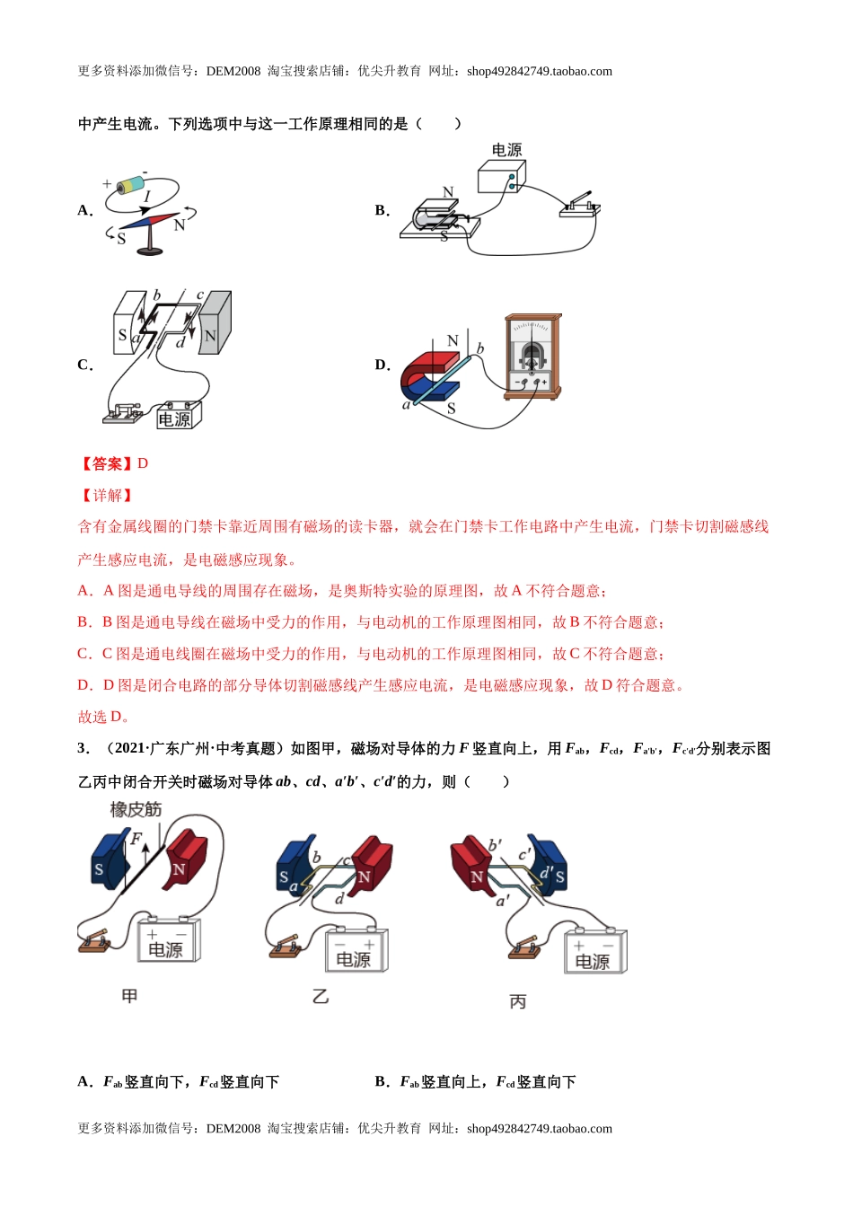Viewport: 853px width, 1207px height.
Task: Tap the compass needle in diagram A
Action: pyautogui.click(x=149, y=222)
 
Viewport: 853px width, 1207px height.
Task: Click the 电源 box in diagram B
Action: pyautogui.click(x=501, y=177)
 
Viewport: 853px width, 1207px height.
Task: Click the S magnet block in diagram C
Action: pyautogui.click(x=128, y=322)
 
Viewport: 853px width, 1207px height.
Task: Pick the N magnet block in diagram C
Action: pyautogui.click(x=214, y=322)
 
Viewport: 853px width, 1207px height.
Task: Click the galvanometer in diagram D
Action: pyautogui.click(x=532, y=357)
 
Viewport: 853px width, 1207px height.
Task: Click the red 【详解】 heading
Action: pyautogui.click(x=106, y=496)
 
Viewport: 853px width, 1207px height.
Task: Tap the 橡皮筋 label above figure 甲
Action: pyautogui.click(x=136, y=810)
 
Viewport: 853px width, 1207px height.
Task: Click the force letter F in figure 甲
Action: pyautogui.click(x=136, y=840)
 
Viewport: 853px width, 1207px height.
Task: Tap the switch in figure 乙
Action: pyautogui.click(x=286, y=947)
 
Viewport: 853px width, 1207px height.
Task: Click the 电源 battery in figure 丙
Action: pyautogui.click(x=594, y=952)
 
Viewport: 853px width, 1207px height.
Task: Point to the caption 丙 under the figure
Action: pyautogui.click(x=518, y=1002)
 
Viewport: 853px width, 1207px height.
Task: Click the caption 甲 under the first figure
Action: pyautogui.click(x=129, y=996)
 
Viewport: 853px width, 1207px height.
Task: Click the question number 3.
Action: pyautogui.click(x=83, y=749)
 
